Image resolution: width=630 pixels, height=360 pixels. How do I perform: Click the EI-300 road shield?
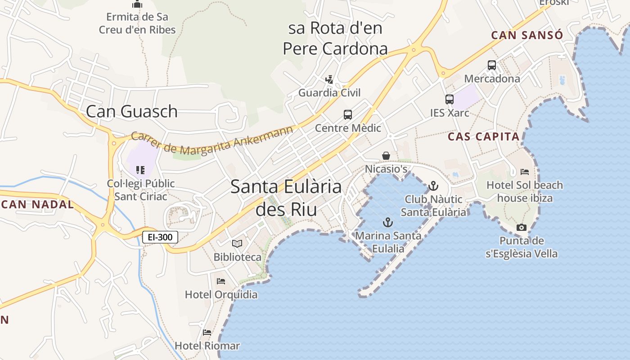pos(160,237)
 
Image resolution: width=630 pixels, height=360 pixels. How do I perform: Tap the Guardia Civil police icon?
pos(329,80)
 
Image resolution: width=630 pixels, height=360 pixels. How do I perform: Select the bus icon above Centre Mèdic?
pos(348,114)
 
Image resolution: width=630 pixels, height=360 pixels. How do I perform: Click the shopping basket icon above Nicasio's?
pos(386,156)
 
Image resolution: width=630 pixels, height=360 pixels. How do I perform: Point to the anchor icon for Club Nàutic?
pos(433,185)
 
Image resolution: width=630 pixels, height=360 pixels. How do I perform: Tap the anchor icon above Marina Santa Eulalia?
pos(387,222)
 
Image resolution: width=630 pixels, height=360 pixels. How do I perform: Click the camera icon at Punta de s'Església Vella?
pos(522,227)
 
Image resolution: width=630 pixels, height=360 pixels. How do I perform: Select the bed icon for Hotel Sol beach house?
pos(525,171)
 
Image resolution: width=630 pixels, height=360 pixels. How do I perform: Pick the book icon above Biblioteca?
pos(237,243)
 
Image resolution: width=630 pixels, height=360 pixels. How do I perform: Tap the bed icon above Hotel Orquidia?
pos(221,281)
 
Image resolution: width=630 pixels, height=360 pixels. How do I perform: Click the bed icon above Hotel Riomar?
pos(207,333)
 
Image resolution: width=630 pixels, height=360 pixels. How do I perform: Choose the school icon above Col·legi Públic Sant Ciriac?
pos(140,170)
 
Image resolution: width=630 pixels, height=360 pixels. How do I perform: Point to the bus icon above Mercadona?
pos(492,65)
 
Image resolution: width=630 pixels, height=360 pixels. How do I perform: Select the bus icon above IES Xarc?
pos(450,99)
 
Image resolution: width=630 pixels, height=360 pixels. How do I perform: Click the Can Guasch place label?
pos(131,111)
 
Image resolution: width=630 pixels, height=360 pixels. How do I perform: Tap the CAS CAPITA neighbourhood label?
pos(484,137)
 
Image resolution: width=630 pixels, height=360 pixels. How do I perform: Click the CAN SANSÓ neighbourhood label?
pos(527,35)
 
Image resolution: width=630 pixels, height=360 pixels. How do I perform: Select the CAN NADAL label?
pos(37,204)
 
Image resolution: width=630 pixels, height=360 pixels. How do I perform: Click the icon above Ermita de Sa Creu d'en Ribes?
pos(137,4)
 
